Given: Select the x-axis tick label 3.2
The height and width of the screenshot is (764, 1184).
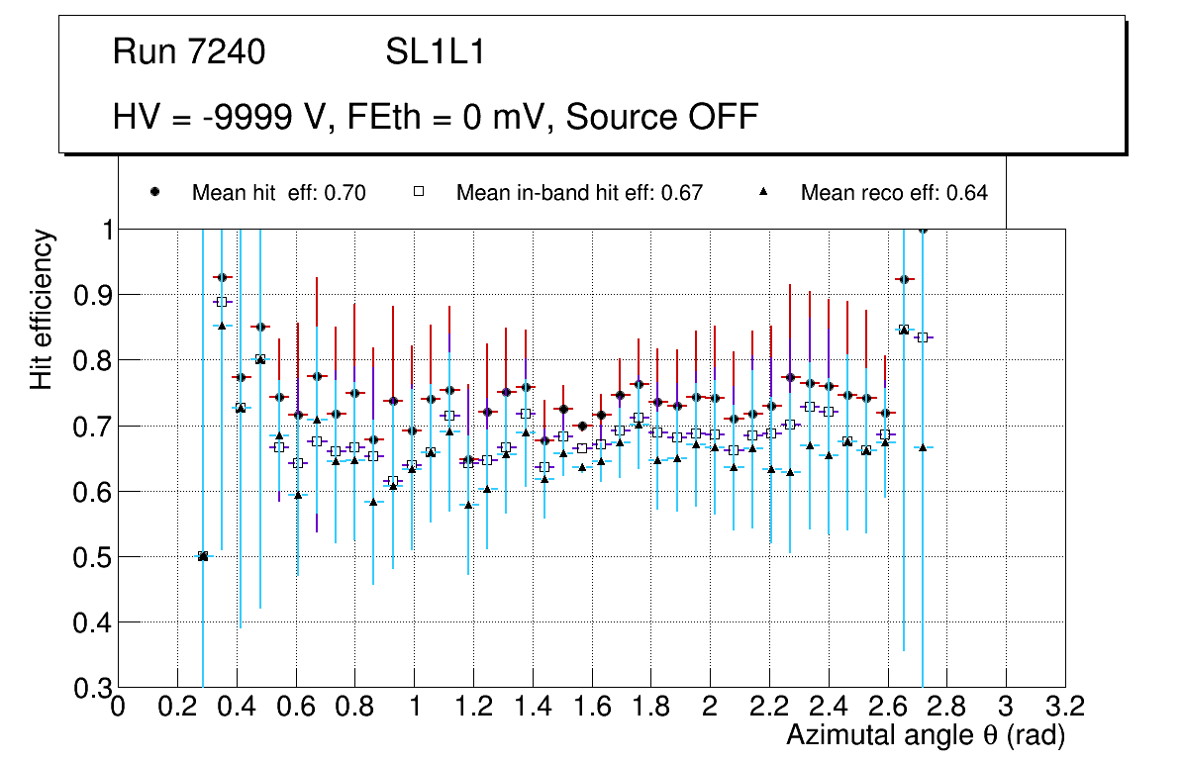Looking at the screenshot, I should point(1065,707).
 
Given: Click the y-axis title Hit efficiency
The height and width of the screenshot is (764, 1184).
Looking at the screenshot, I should point(43,309).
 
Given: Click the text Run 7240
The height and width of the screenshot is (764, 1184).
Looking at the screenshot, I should point(189,52).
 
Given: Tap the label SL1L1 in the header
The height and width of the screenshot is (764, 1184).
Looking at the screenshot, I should point(436,52).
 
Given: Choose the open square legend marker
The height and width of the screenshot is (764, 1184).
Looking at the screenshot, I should point(419,193).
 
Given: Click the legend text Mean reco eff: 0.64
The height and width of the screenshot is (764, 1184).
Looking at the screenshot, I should point(894,193).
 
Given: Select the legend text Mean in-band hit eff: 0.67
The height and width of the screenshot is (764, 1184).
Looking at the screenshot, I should point(579,193).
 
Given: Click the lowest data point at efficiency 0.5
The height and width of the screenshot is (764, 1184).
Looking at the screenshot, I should point(203,556).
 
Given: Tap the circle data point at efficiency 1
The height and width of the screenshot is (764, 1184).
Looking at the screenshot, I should point(923,230).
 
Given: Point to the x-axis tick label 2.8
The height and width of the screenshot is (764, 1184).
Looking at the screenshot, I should point(946,707).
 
